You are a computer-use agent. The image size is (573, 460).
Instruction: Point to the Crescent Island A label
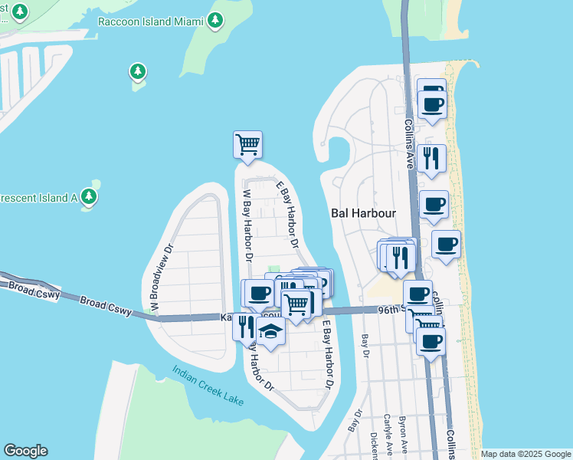tap(38, 197)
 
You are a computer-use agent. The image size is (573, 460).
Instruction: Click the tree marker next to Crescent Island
tap(90, 196)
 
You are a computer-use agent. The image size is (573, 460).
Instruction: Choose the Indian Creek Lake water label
tap(209, 384)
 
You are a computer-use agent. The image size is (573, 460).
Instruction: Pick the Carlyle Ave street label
tap(388, 434)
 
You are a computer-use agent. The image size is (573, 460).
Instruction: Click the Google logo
tap(25, 451)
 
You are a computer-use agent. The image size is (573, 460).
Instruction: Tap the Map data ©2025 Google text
tap(525, 454)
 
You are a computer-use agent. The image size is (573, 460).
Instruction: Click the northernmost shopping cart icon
tap(247, 143)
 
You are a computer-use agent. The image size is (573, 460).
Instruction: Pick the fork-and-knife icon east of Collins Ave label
tap(433, 158)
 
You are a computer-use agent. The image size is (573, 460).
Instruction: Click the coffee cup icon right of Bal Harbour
tap(434, 205)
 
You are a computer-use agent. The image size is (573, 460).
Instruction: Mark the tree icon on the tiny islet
tap(138, 72)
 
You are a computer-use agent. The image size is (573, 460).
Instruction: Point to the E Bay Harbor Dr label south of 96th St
tap(328, 352)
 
